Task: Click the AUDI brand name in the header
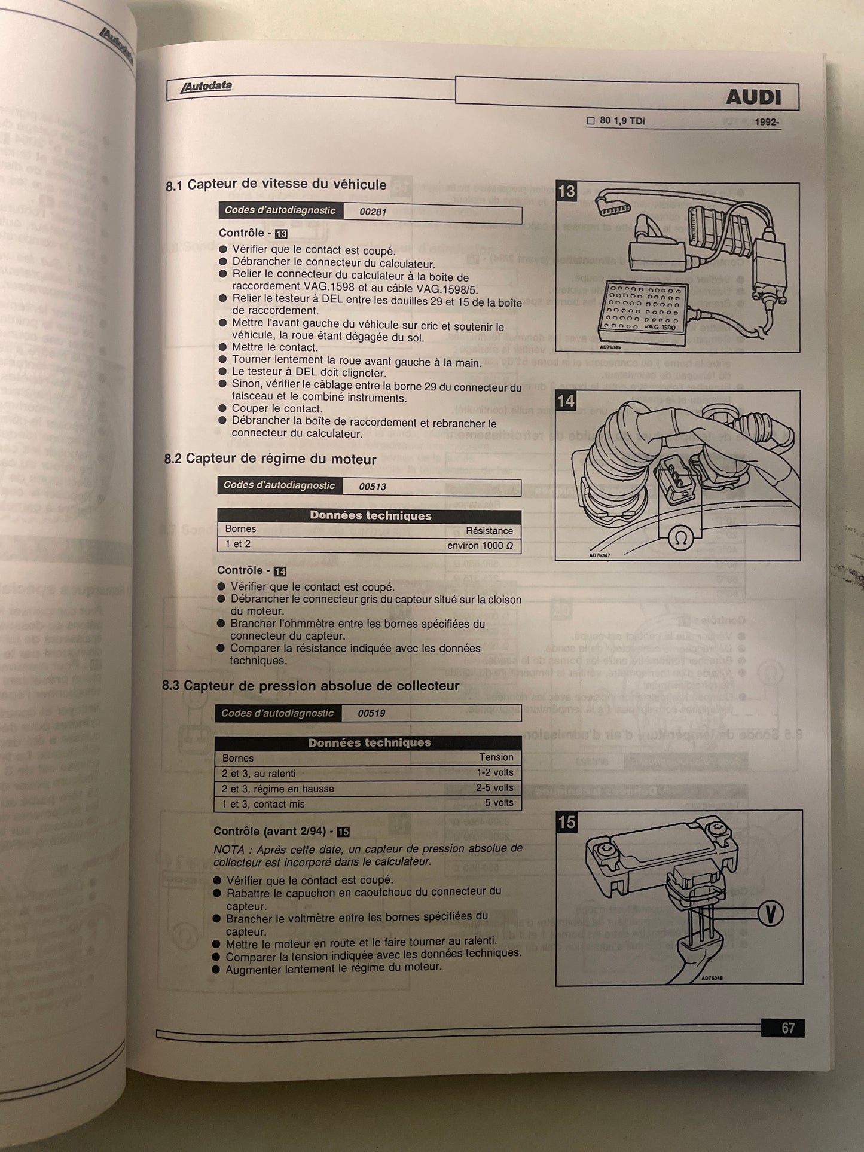pos(753,97)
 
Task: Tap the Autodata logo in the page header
pos(206,86)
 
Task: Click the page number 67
pos(788,1028)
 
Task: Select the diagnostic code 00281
pos(373,212)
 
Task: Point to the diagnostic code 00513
pos(372,487)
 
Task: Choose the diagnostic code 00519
pos(371,713)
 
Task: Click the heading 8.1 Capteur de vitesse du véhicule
pos(276,184)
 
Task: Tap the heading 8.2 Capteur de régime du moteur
pos(270,459)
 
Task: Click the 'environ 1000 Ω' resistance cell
pos(480,545)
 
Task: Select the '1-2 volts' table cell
pos(494,772)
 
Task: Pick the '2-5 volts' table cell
pos(494,788)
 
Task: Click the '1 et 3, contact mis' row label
pos(263,804)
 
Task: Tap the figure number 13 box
pos(566,191)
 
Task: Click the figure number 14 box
pos(566,401)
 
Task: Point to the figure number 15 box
pos(566,822)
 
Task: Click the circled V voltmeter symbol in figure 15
pos(770,913)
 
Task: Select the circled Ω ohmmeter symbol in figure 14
pos(680,538)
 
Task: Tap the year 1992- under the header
pos(767,122)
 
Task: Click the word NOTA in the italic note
pos(229,850)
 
